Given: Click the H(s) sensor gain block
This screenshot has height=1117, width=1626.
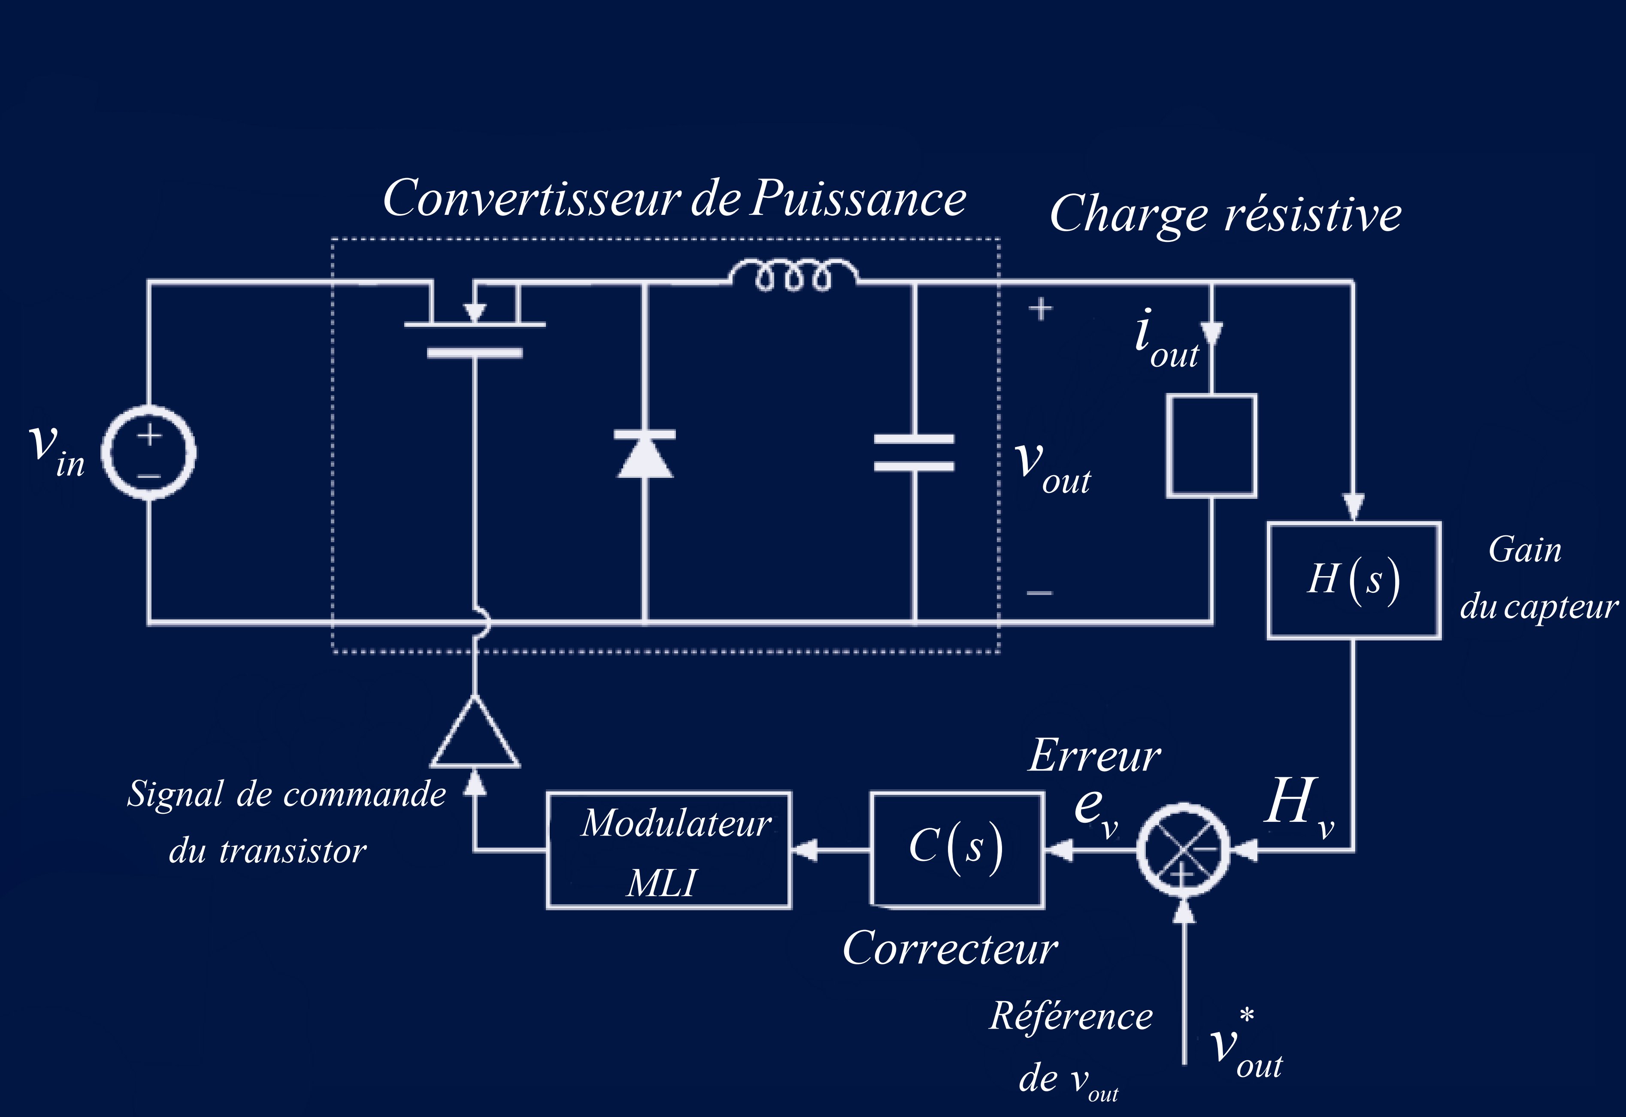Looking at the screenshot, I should coord(1354,580).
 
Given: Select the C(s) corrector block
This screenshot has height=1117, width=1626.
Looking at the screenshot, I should coord(957,850).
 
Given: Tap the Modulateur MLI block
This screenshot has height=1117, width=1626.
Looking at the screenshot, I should coord(669,850).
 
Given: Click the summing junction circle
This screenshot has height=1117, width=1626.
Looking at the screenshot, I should coord(1184,850).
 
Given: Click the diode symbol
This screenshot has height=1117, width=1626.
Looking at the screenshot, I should coord(645,455).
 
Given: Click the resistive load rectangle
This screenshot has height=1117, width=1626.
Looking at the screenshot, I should coord(1211,446).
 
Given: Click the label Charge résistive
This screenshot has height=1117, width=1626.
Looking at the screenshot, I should coord(1225,214).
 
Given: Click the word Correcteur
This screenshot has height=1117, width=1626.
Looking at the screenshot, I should coord(950,949).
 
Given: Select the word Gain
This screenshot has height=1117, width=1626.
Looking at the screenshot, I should coord(1524,550).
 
